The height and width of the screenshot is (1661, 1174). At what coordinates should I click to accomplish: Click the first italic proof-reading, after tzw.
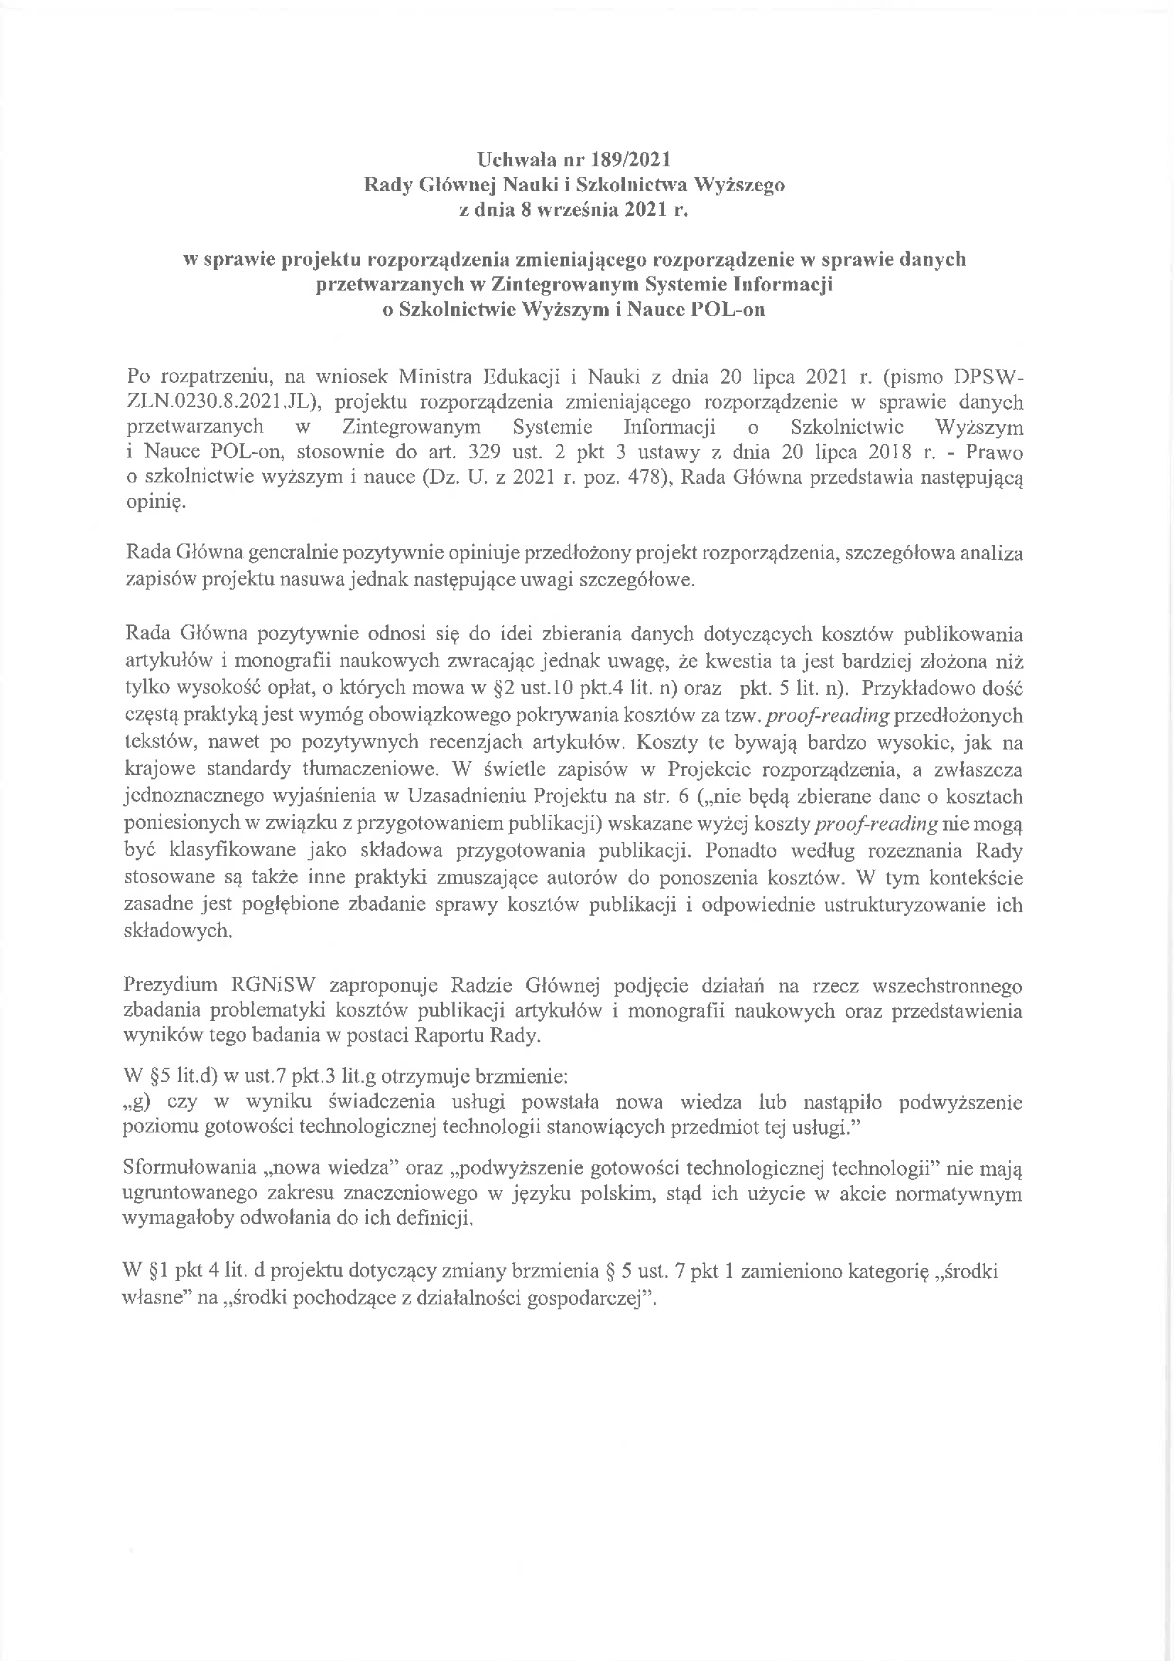[x=827, y=715]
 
